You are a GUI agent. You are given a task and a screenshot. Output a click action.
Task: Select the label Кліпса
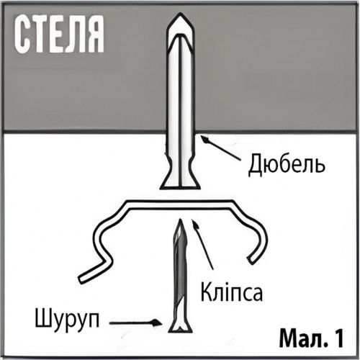click(x=231, y=292)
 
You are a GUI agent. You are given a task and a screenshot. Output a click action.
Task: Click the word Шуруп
click(x=67, y=319)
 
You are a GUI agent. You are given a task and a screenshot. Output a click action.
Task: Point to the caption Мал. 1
click(x=311, y=338)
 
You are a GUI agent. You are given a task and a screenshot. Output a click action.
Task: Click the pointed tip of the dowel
click(x=179, y=14)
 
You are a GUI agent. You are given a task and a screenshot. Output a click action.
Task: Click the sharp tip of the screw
click(x=180, y=220)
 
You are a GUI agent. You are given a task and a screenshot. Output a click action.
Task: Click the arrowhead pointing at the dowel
click(x=204, y=139)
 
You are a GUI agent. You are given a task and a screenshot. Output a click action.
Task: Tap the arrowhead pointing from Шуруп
click(x=156, y=323)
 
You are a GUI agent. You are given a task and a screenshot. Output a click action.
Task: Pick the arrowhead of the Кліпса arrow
click(x=195, y=224)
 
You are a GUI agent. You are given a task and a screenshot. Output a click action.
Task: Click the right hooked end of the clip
click(x=251, y=260)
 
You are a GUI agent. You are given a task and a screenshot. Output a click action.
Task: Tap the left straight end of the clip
click(x=82, y=279)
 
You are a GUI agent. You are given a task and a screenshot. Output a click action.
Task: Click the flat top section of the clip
click(x=180, y=204)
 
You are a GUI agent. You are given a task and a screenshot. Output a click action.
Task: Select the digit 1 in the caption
click(x=339, y=338)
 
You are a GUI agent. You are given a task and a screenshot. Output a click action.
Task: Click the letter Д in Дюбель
click(x=256, y=166)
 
